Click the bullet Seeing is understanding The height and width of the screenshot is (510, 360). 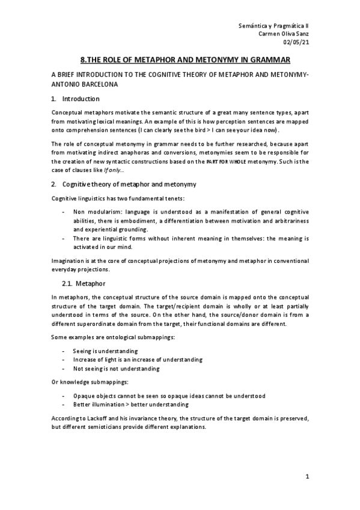(x=105, y=350)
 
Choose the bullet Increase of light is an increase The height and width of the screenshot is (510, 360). (x=138, y=359)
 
